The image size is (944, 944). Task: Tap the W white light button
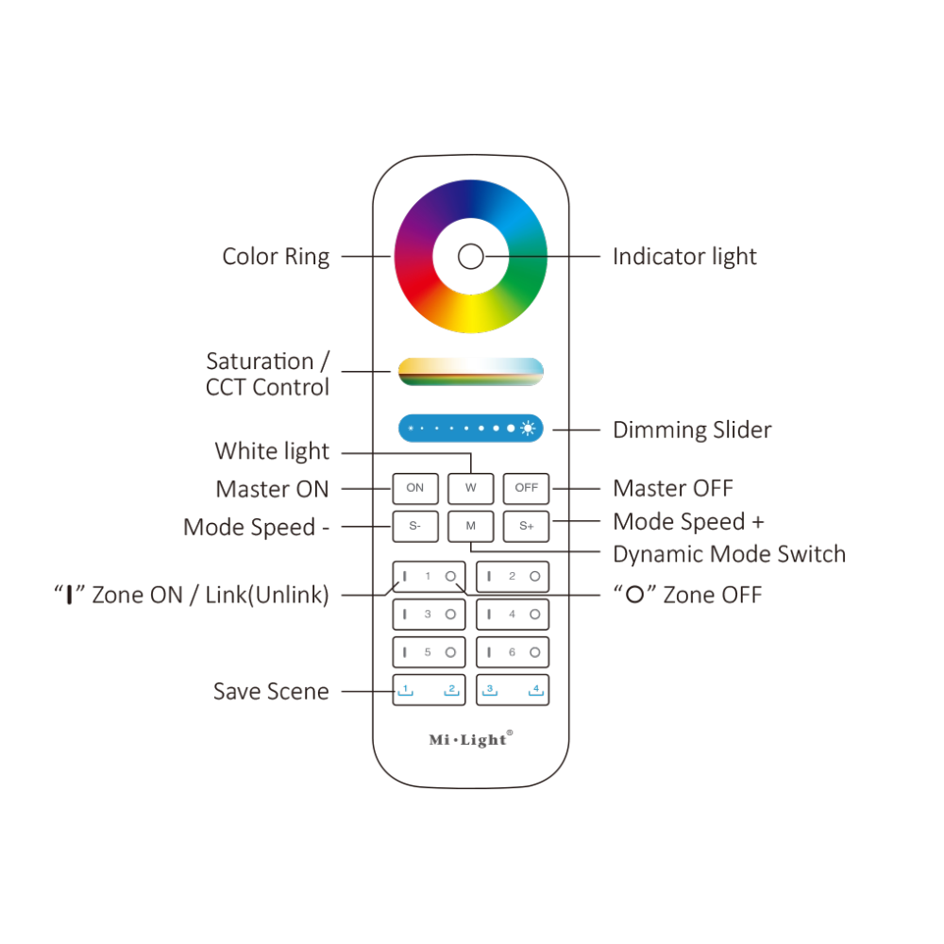tap(471, 488)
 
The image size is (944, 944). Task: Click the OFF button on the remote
tap(526, 488)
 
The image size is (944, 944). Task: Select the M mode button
tap(471, 526)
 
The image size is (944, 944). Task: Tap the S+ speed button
tap(526, 526)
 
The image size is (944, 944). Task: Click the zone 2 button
tap(513, 576)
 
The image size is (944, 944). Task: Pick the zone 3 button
tap(428, 615)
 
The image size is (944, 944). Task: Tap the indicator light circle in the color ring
tap(470, 256)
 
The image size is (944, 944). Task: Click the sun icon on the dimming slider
tap(528, 429)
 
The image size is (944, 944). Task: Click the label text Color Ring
tap(276, 257)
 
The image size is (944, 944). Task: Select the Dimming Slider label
tap(692, 430)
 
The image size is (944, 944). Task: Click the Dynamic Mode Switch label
tap(729, 554)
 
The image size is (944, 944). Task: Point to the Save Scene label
tap(271, 692)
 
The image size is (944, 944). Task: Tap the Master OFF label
tap(672, 489)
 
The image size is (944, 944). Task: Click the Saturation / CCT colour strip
tap(471, 371)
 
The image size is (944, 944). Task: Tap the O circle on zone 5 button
tap(450, 652)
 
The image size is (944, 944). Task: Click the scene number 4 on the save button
tap(535, 689)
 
